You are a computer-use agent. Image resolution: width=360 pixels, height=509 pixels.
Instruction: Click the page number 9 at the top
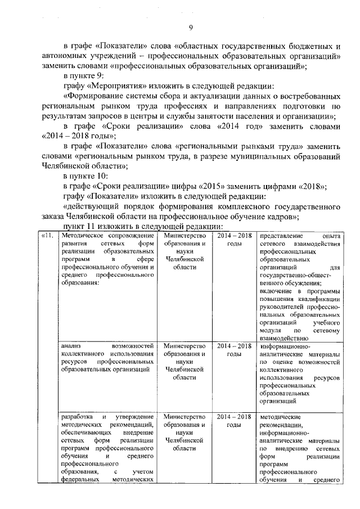pos(191,28)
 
